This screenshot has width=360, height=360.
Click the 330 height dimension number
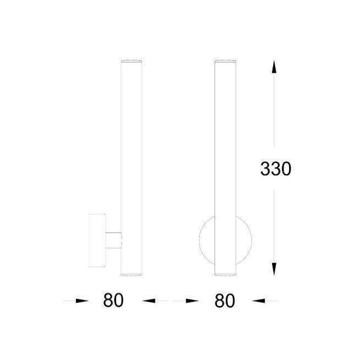(276, 169)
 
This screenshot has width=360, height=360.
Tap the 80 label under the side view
(113, 300)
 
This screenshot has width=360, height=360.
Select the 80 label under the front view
(225, 301)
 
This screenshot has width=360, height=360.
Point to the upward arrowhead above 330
(274, 67)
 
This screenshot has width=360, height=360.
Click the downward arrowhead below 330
(274, 269)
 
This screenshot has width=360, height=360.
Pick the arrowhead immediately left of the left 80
(82, 301)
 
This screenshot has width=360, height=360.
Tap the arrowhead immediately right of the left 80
(149, 301)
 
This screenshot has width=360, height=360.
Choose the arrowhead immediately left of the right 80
(193, 301)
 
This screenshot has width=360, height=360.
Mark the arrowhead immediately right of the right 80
(259, 301)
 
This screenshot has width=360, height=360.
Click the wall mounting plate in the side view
(97, 241)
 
